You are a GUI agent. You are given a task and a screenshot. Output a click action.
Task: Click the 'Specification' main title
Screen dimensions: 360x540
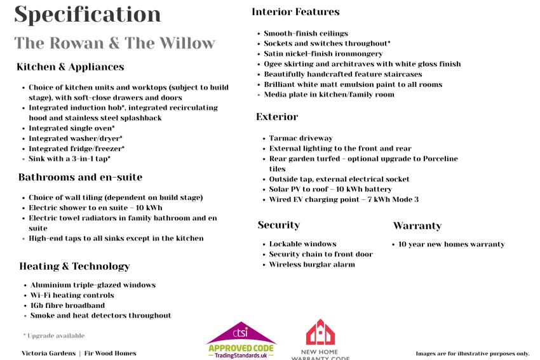tap(87, 14)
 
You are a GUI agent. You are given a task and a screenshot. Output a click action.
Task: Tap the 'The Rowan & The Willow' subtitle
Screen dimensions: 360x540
tap(115, 43)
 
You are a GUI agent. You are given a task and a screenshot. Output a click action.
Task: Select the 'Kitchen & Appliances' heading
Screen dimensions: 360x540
tap(70, 67)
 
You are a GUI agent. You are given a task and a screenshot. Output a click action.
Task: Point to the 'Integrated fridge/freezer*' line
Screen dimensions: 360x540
tap(76, 149)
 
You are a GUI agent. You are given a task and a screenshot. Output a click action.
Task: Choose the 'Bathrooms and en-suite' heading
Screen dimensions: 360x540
tap(80, 177)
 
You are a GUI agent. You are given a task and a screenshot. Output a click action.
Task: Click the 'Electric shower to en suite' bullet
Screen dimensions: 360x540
tap(95, 208)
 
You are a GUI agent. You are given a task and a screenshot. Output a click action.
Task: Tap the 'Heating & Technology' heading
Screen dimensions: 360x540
tap(74, 266)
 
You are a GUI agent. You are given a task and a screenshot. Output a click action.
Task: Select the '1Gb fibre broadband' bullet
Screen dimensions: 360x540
tap(67, 305)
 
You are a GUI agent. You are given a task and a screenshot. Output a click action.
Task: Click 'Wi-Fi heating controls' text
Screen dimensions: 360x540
tap(72, 295)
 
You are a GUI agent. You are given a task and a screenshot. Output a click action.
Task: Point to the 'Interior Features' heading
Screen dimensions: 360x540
tap(295, 11)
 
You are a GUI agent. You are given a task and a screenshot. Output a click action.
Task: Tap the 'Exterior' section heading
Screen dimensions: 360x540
tap(277, 117)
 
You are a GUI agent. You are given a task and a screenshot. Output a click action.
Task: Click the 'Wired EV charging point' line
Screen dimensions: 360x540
tap(344, 199)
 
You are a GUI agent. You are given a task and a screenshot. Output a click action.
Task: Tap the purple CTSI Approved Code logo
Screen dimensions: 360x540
tap(241, 340)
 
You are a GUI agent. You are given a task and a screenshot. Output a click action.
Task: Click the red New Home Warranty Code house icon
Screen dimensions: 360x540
tap(320, 332)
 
